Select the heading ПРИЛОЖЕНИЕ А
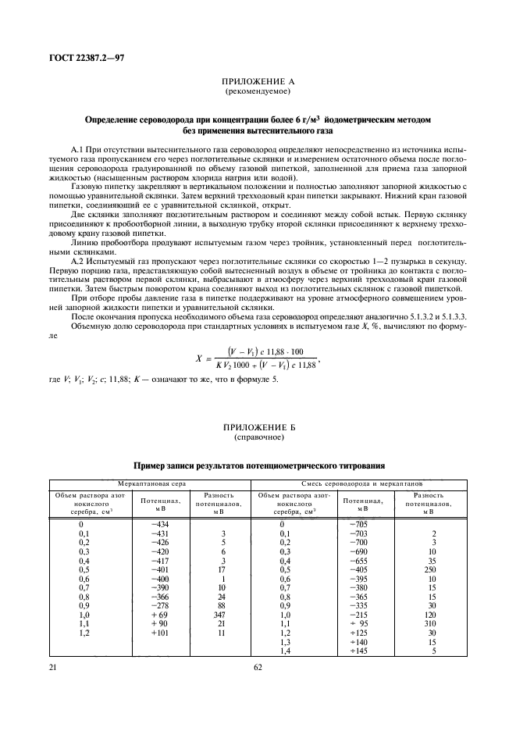258,81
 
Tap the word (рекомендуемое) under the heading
258,91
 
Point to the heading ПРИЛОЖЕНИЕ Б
258,427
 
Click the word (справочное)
258,437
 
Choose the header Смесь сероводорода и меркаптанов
361,484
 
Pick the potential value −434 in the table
159,522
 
